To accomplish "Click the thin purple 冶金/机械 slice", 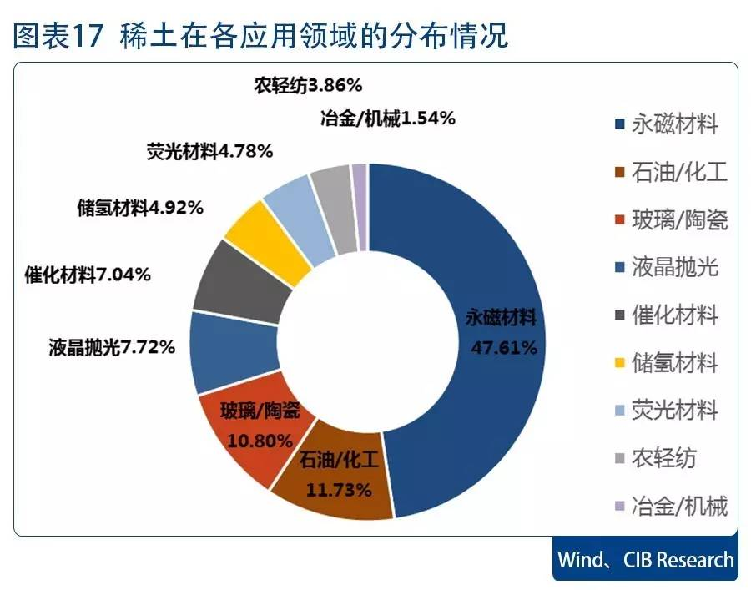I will (360, 207).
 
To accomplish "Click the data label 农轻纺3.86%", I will (307, 86).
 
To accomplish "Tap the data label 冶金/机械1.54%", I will (387, 119).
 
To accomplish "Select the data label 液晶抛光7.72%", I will (112, 346).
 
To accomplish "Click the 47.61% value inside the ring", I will (503, 348).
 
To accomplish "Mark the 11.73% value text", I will (338, 490).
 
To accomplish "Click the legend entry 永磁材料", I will (674, 126).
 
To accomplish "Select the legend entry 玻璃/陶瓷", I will (679, 220).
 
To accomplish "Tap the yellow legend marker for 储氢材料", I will (618, 365).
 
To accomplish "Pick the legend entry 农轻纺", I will (663, 458).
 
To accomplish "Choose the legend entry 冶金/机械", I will (679, 506).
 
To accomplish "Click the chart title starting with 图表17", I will (260, 35).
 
